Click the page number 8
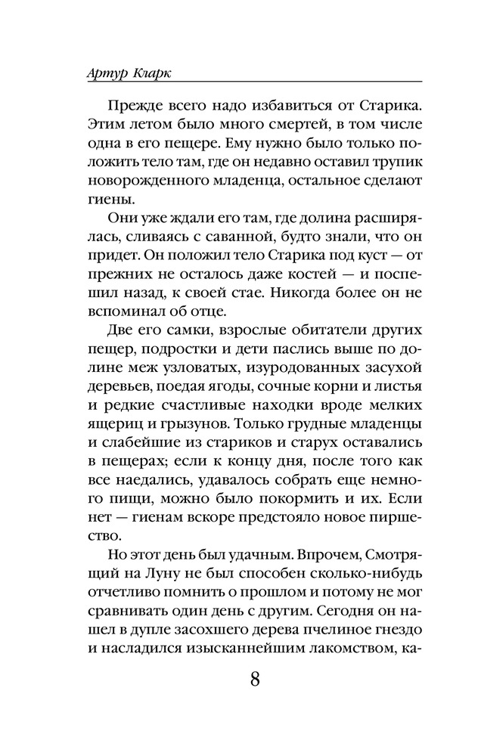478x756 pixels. coord(255,677)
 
